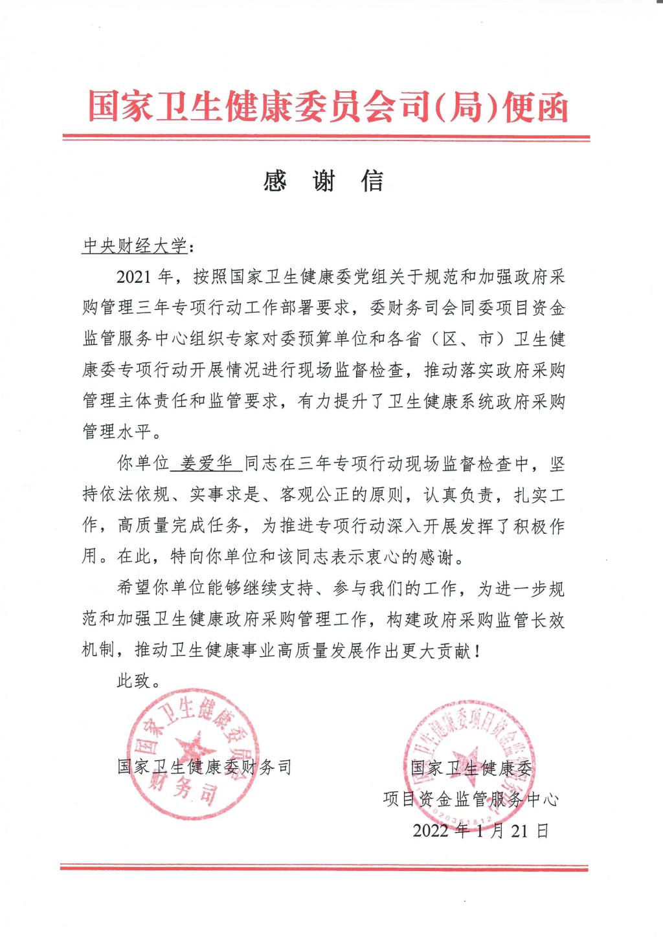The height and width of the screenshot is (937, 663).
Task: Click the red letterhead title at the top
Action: point(328,105)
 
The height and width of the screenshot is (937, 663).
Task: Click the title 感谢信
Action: point(324,182)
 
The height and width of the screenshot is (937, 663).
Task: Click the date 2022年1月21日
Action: point(480,830)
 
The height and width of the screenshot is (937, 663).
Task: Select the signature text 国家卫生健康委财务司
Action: point(205,767)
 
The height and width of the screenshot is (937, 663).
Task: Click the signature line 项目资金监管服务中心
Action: point(470,799)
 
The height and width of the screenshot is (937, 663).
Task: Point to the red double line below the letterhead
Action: point(325,138)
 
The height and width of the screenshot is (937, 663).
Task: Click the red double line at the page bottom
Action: point(325,866)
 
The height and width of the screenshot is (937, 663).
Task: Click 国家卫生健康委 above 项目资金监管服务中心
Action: point(471,768)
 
